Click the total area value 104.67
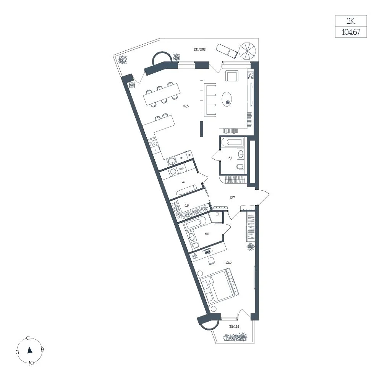[x=351, y=32]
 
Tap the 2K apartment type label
[x=351, y=21]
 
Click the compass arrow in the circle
[x=30, y=350]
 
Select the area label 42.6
[x=186, y=106]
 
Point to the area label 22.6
[x=228, y=262]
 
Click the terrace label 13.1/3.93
[x=199, y=49]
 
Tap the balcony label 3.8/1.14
[x=234, y=327]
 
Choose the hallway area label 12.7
[x=232, y=198]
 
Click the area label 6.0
[x=207, y=234]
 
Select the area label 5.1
[x=230, y=158]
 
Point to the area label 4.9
[x=186, y=206]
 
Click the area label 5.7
[x=183, y=181]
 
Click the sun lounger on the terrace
[x=227, y=51]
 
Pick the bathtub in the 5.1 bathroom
[x=231, y=142]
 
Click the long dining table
[x=162, y=94]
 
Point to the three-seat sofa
[x=210, y=100]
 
